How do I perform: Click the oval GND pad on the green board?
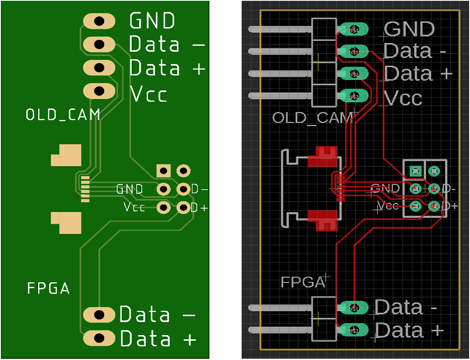coord(98,21)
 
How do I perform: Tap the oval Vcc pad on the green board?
coord(98,91)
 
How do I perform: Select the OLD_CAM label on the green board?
coord(55,116)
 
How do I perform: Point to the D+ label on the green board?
coord(199,208)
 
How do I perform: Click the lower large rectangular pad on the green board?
coord(67,221)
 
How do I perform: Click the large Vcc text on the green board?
coord(149,94)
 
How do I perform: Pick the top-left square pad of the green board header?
coord(165,171)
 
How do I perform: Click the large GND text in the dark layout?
coord(409,29)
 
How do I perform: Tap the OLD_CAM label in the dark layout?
coord(312,118)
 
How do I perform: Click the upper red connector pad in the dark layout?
coord(323,158)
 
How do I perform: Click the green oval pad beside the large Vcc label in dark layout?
coord(353,96)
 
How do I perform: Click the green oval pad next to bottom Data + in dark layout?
coord(353,330)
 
